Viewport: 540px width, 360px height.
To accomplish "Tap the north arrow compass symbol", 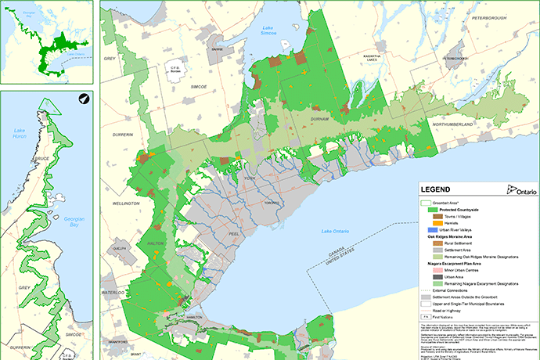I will coord(82,99).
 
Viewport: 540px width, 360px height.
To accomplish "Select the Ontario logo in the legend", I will coord(520,190).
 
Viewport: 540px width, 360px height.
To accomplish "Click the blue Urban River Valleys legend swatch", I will coord(431,229).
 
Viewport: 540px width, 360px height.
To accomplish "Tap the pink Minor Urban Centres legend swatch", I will coord(431,269).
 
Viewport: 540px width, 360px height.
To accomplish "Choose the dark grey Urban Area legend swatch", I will coord(431,276).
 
